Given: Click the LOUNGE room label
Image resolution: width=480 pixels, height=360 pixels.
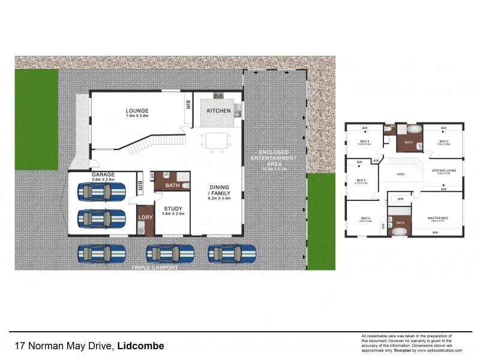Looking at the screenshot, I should (137, 110).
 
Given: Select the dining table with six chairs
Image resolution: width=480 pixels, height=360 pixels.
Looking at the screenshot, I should (215, 140).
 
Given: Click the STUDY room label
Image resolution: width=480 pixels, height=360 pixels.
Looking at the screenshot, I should (173, 209).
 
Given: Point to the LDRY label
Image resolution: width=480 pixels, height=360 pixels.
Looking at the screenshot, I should (144, 218).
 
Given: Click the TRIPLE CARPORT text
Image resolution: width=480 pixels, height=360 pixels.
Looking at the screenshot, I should (157, 268).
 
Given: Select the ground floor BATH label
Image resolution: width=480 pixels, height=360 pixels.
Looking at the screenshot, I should (172, 185).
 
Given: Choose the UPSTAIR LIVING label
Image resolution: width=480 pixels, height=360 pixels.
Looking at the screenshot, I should (443, 170).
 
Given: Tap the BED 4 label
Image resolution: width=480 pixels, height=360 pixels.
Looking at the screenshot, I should (365, 218).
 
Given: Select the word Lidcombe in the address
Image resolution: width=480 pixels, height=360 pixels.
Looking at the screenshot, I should (140, 346).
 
